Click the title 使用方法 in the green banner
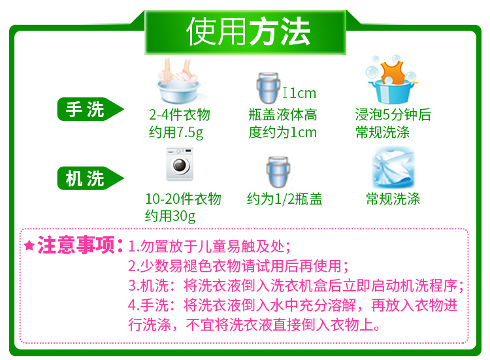(x=248, y=31)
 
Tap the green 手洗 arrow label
(x=90, y=109)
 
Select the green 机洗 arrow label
(x=90, y=178)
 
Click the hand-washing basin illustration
(x=179, y=81)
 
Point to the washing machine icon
(x=180, y=164)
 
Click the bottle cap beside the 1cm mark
(x=269, y=88)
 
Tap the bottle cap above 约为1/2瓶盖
(x=278, y=172)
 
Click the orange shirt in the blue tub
(x=393, y=73)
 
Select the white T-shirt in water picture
(x=393, y=168)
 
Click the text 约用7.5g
(x=176, y=133)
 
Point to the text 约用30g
(x=171, y=216)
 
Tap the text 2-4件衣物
(x=180, y=115)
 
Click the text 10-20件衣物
(x=183, y=199)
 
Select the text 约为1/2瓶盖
(x=284, y=199)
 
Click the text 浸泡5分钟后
(x=393, y=115)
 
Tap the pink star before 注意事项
(x=29, y=246)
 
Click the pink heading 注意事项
(x=76, y=245)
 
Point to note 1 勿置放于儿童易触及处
(x=209, y=246)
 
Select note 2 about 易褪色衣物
(x=238, y=266)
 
